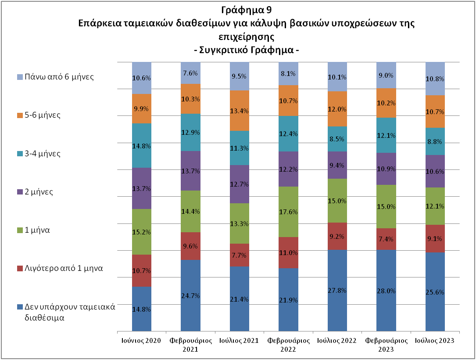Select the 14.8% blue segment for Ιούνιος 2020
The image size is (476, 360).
point(142,309)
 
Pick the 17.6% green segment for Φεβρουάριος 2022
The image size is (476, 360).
point(288,212)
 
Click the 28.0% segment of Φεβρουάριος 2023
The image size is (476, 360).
point(386,290)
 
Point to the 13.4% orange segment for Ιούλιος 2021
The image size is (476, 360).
point(240,111)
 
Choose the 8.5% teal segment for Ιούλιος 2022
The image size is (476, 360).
point(337,139)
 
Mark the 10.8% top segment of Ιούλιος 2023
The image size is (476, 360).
point(435,79)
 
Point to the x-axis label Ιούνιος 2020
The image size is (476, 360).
point(141,341)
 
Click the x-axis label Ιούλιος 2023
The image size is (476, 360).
point(435,341)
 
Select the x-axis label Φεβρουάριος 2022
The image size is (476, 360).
point(288,345)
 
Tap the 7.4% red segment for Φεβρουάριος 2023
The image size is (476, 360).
point(386,239)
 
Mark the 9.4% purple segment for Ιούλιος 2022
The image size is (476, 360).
point(337,165)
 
